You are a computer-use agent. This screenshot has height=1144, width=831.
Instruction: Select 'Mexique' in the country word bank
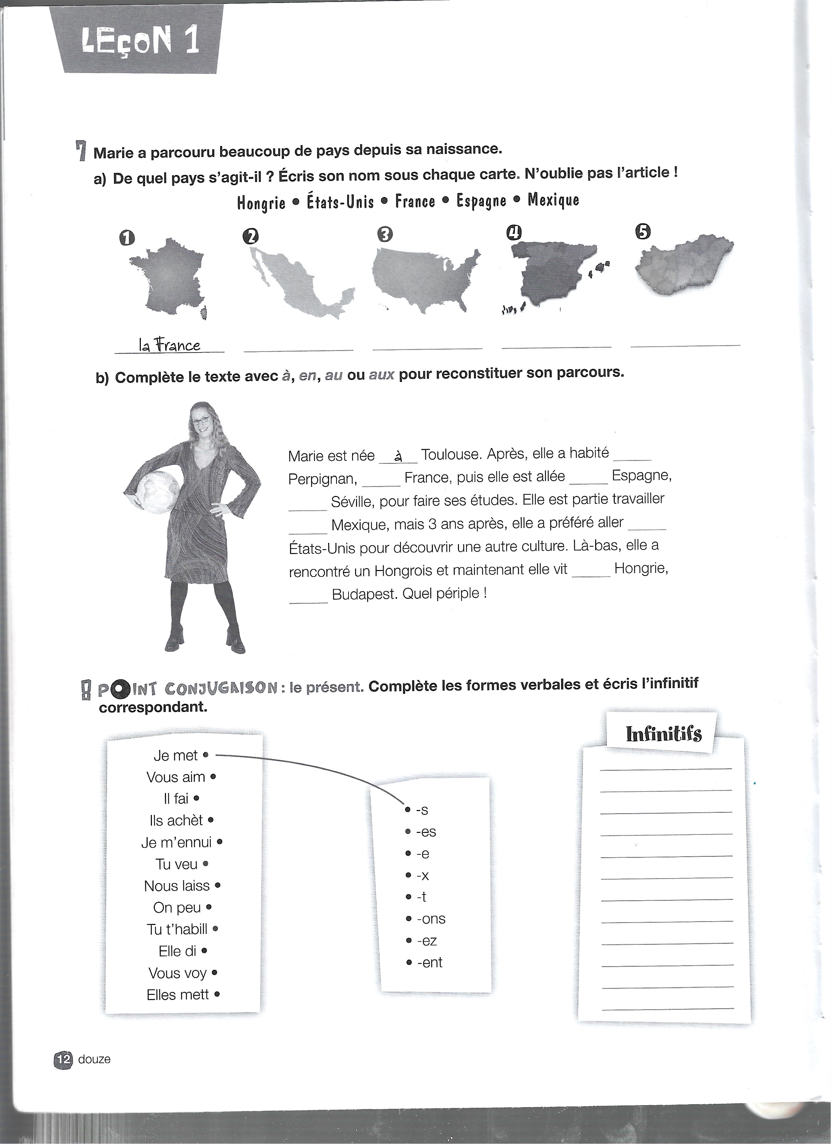553,200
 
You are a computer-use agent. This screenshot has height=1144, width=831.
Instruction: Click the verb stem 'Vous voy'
177,973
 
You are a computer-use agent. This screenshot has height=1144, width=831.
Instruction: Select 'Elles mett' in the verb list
178,995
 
